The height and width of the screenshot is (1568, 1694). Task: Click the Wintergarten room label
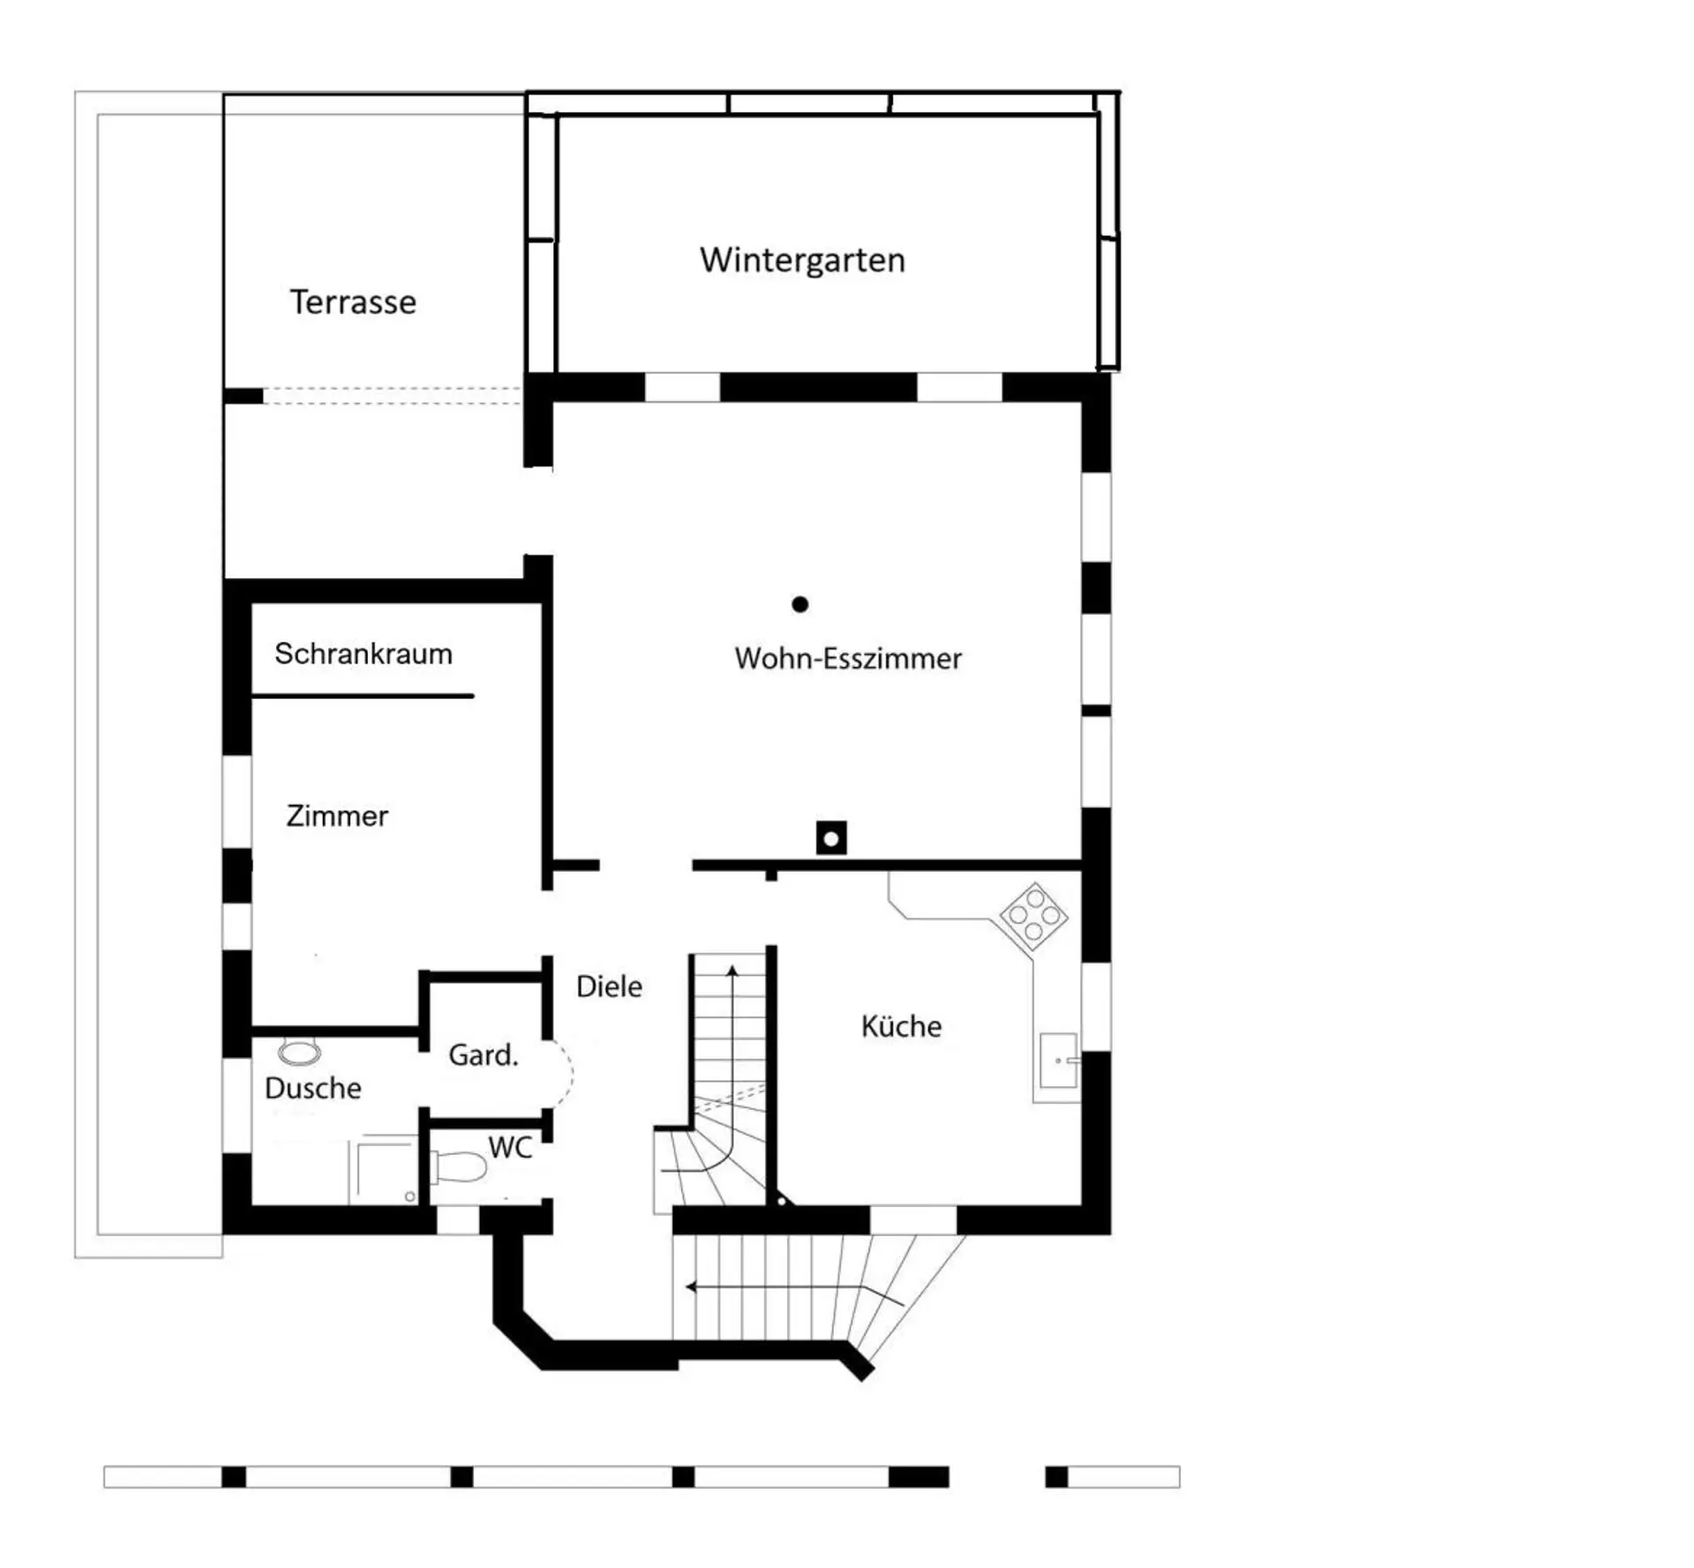pos(802,260)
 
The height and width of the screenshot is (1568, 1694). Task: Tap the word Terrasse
pos(353,302)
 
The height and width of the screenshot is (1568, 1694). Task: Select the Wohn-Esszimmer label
pos(848,658)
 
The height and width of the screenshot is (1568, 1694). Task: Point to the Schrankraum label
pos(364,654)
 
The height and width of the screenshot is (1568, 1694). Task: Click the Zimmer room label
pos(337,815)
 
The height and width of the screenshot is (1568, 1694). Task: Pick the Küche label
pos(901,1025)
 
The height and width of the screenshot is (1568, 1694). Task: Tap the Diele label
pos(609,986)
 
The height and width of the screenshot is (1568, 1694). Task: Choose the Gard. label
pos(483,1054)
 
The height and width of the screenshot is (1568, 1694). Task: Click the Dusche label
pos(313,1088)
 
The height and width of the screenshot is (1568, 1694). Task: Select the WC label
pos(510,1147)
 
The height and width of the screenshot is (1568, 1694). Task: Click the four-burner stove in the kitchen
pos(1033,917)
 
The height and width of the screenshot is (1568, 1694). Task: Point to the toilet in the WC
pos(458,1167)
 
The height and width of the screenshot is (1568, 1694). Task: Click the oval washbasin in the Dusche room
pos(299,1053)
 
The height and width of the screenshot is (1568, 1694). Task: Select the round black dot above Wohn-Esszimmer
pos(800,604)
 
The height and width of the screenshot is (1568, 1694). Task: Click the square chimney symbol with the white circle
pos(831,837)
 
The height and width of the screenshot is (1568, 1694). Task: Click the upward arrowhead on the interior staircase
pos(731,971)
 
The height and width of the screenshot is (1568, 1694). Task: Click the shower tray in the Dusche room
pos(384,1171)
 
